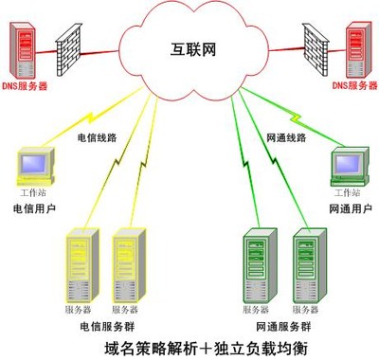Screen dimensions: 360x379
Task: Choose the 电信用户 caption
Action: pyautogui.click(x=36, y=207)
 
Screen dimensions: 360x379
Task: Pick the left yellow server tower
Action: pyautogui.click(x=80, y=265)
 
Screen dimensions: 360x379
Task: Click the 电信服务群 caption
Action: pyautogui.click(x=108, y=324)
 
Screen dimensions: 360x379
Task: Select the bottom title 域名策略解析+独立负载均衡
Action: pyautogui.click(x=190, y=347)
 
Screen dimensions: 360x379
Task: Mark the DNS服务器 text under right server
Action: pyautogui.click(x=354, y=86)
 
